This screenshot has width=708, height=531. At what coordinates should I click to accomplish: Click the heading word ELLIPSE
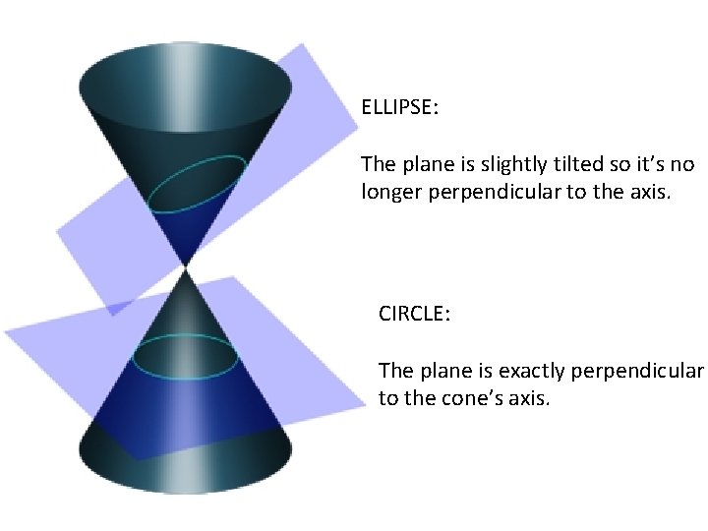pos(398,106)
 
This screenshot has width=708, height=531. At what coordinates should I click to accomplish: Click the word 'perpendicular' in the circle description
pos(639,371)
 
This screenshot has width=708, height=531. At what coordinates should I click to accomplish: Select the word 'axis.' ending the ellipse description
pos(650,192)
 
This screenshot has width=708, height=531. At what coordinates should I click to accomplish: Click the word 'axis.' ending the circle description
pos(530,399)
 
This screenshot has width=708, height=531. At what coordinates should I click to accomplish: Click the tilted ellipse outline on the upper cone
pos(197,184)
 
